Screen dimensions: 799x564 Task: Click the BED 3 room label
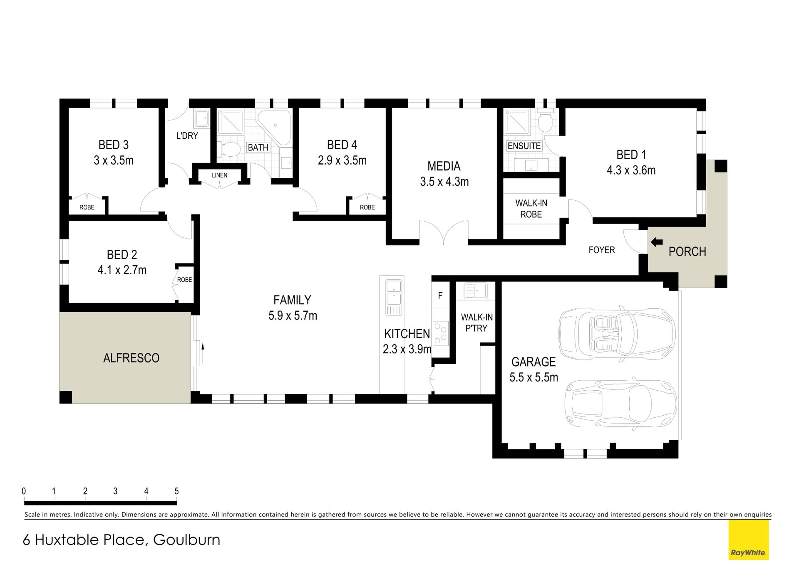(114, 145)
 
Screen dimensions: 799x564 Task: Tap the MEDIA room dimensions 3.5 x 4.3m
(444, 182)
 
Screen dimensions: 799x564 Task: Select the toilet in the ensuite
(545, 121)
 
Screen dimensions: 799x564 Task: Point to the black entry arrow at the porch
(657, 242)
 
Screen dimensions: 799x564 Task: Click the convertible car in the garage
(617, 333)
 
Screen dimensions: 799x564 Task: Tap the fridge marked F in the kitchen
(440, 296)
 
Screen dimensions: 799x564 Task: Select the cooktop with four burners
(441, 333)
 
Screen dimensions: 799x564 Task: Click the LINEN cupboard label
(220, 175)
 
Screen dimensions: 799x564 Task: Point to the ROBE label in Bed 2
(185, 280)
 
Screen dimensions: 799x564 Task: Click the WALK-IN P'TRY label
(477, 323)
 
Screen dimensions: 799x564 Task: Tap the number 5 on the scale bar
(176, 491)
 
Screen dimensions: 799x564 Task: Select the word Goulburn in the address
(187, 540)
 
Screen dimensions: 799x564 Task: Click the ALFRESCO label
(132, 358)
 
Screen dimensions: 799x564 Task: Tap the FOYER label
(602, 250)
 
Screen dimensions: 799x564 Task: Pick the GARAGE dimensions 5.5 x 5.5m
(534, 377)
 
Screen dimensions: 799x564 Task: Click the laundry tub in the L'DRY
(202, 118)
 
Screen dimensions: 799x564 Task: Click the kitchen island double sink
(393, 293)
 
